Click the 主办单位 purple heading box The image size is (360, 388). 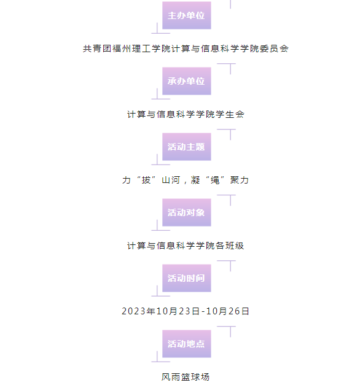coord(187,15)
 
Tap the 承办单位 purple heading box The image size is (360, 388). coord(187,81)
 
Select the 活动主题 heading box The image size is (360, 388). coord(187,147)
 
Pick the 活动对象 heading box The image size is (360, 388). coord(187,212)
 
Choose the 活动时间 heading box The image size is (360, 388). coord(187,278)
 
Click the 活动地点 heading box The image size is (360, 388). coord(187,344)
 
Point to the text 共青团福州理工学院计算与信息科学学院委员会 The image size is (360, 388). coord(186,49)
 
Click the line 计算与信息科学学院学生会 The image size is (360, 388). coord(186,114)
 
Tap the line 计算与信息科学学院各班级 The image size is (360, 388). coord(186,246)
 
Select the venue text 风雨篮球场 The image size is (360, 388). coord(186,377)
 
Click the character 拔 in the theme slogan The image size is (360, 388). coord(146,180)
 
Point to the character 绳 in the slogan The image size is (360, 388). coord(215,180)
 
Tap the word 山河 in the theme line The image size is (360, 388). coord(171,180)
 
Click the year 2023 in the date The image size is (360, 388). coord(134,311)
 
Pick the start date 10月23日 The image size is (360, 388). coord(178,311)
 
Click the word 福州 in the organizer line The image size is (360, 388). coord(122,49)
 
